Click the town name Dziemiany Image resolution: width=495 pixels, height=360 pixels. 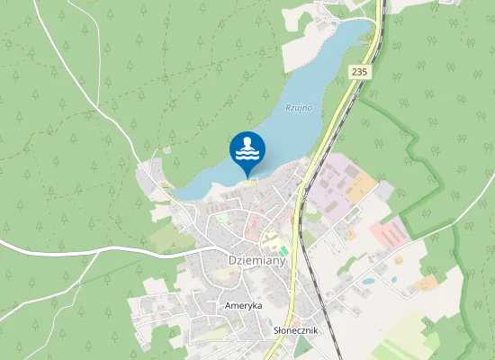click(256, 261)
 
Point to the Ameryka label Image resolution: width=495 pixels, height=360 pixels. click(243, 306)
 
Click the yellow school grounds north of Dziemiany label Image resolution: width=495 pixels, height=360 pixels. click(269, 241)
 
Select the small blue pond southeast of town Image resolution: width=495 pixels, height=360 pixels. click(368, 281)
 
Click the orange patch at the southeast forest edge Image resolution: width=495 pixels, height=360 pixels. click(426, 283)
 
